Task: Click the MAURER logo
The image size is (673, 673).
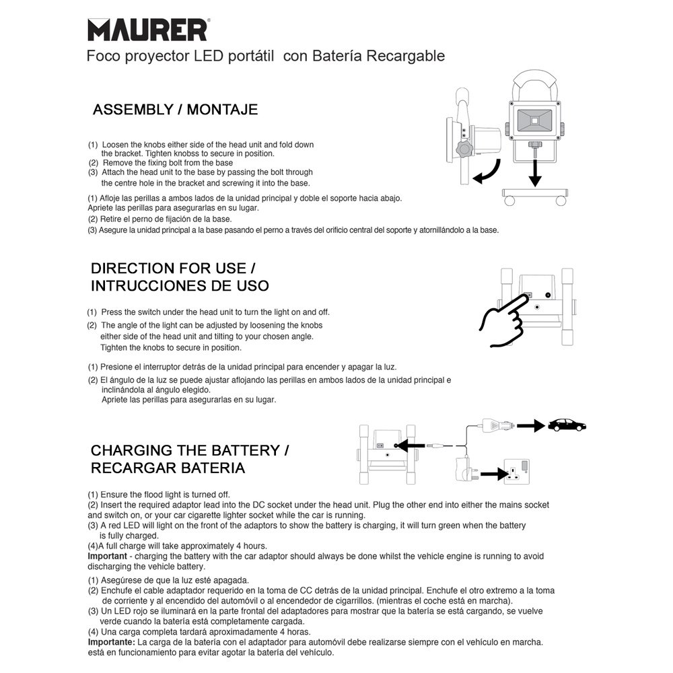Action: (x=147, y=30)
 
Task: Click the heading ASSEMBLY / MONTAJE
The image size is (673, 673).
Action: (x=175, y=110)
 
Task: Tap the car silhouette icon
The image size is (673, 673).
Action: (x=567, y=425)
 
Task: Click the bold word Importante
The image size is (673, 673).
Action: (x=111, y=643)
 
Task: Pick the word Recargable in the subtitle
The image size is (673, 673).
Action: (x=406, y=56)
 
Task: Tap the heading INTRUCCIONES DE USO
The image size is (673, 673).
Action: (x=180, y=285)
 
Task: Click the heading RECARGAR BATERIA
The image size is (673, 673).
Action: (x=168, y=468)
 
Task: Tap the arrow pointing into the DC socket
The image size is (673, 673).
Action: (x=408, y=445)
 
